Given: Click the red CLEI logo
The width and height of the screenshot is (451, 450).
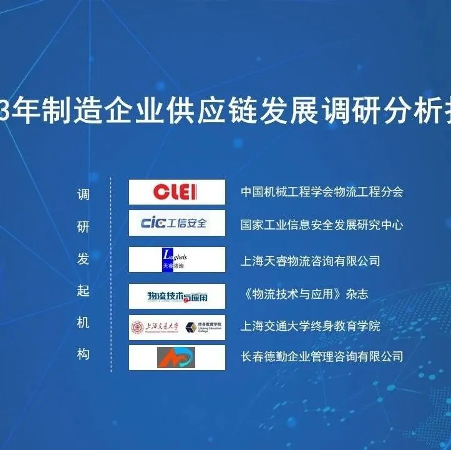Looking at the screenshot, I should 175,192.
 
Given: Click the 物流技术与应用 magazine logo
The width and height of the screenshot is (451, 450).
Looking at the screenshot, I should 177,296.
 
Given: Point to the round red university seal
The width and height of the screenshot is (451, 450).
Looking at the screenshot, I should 137,327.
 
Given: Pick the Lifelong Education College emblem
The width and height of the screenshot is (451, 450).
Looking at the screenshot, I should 191,327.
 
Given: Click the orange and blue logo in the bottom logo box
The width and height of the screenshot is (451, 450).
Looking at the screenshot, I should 176,357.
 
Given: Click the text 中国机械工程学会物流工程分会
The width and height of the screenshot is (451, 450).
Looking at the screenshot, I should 321,192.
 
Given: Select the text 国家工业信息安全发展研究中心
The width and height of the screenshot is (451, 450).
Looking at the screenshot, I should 321,224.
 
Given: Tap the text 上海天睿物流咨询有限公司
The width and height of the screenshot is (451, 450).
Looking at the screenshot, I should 310,261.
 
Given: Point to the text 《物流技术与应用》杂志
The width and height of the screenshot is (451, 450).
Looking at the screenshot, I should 304,294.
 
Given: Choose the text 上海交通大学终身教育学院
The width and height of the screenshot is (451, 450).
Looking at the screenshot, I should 310,326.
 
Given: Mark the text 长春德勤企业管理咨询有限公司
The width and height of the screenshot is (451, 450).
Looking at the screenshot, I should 321,357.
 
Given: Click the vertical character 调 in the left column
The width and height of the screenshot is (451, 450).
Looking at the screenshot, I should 83,194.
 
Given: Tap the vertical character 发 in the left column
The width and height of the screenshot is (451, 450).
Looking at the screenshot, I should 83,259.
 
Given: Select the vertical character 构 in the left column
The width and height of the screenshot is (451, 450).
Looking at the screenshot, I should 83,355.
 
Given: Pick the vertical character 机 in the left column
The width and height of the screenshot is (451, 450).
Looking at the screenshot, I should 83,323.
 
